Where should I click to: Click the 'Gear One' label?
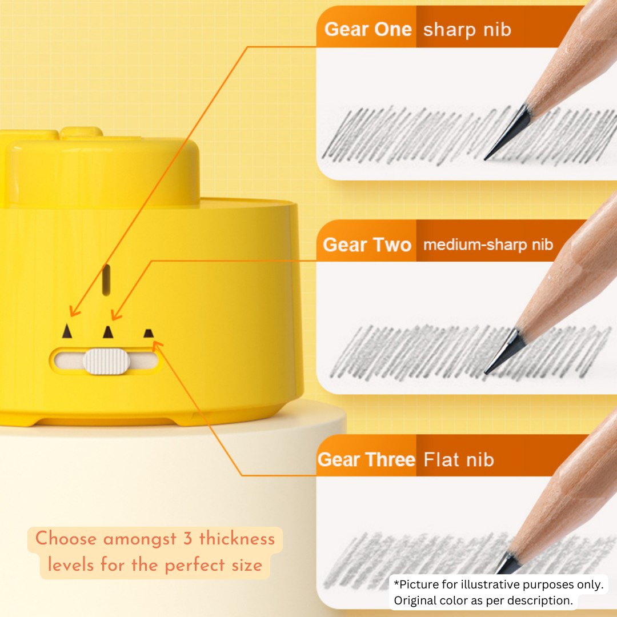(x=368, y=30)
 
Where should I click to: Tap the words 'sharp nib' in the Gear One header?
(x=467, y=30)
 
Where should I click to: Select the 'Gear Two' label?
(x=367, y=245)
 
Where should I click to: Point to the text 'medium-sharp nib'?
(x=488, y=245)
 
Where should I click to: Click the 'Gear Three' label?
(x=366, y=459)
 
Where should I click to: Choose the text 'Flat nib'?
(x=459, y=459)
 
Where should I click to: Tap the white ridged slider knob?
(x=106, y=361)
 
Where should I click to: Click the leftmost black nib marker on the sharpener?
(x=67, y=331)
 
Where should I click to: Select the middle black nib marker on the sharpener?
(x=108, y=332)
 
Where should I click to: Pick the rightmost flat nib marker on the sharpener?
(x=149, y=333)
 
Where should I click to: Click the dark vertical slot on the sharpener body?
(x=106, y=280)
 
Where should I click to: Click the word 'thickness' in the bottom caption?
(x=237, y=539)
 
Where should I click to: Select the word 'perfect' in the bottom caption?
(x=195, y=566)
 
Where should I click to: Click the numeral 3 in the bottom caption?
(x=188, y=539)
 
